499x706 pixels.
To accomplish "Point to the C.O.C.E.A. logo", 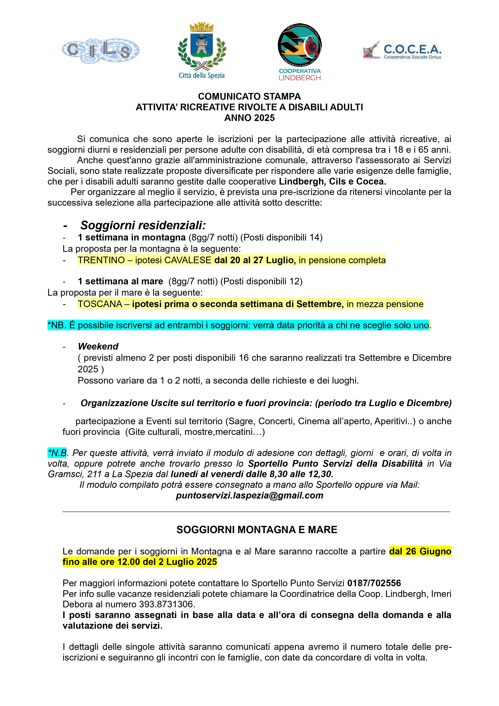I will (x=402, y=51).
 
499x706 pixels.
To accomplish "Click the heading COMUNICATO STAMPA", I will (x=249, y=97).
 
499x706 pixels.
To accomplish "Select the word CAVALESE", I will (x=188, y=260).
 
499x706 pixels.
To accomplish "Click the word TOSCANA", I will (x=99, y=304).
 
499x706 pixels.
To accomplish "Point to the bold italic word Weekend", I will (x=98, y=347).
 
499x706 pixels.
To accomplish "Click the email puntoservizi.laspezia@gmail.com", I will (x=249, y=495).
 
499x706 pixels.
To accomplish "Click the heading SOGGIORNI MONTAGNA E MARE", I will (x=257, y=529).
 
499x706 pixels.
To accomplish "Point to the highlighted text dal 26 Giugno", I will (x=420, y=551).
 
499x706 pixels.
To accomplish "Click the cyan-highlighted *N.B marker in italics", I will (x=57, y=453).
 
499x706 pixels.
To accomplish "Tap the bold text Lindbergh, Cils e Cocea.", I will (x=332, y=181).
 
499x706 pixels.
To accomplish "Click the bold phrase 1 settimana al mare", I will (x=120, y=281).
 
